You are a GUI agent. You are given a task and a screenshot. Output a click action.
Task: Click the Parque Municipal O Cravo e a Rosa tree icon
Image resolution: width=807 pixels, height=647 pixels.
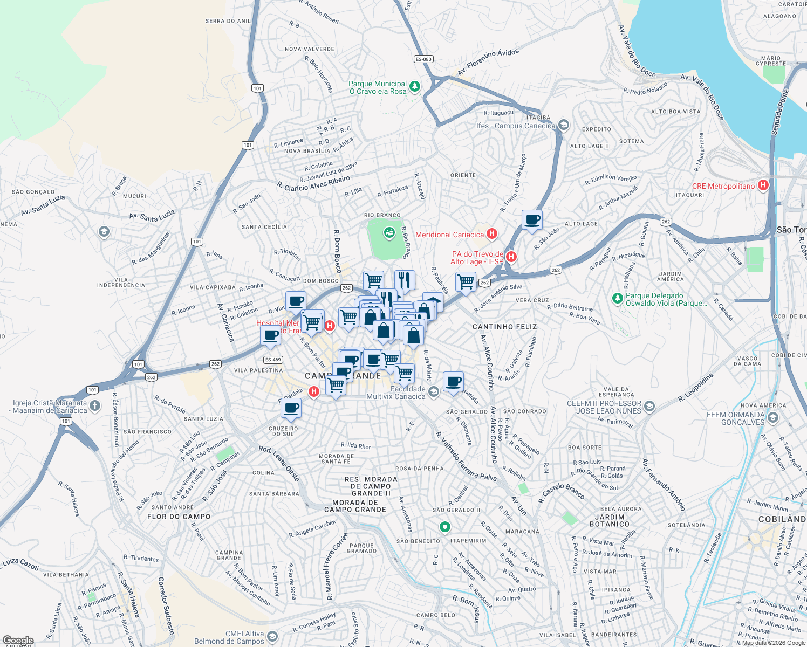pyautogui.click(x=414, y=86)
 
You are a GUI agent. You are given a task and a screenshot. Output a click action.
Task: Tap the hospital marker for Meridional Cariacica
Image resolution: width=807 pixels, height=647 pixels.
pyautogui.click(x=491, y=234)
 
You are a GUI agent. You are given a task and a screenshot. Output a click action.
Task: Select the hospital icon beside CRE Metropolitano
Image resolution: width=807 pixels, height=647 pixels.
pyautogui.click(x=763, y=185)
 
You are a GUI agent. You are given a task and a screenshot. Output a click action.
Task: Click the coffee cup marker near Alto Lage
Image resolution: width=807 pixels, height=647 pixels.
pyautogui.click(x=532, y=220)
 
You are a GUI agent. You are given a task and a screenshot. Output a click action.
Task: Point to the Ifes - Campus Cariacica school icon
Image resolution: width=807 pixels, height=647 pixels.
pyautogui.click(x=564, y=125)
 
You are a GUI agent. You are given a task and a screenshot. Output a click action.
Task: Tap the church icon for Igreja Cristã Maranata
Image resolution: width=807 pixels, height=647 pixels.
pyautogui.click(x=95, y=405)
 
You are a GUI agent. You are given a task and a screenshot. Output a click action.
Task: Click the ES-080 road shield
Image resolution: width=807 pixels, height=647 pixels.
pyautogui.click(x=423, y=59)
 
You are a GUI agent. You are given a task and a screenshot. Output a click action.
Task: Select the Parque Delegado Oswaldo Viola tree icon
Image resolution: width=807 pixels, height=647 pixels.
pyautogui.click(x=618, y=298)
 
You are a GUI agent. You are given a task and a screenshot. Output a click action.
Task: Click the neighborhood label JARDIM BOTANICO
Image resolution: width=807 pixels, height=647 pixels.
pyautogui.click(x=610, y=520)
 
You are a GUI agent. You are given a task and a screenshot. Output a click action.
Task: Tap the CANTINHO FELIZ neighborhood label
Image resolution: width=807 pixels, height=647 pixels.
pyautogui.click(x=504, y=327)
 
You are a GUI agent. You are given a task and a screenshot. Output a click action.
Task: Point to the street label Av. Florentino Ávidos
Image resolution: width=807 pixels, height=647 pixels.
pyautogui.click(x=488, y=62)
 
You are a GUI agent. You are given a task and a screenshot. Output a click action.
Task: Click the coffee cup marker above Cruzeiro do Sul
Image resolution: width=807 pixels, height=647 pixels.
pyautogui.click(x=291, y=409)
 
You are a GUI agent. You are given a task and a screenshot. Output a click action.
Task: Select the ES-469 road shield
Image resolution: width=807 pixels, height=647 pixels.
pyautogui.click(x=273, y=360)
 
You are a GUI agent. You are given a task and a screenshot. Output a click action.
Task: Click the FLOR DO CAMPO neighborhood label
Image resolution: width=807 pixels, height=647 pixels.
pyautogui.click(x=179, y=517)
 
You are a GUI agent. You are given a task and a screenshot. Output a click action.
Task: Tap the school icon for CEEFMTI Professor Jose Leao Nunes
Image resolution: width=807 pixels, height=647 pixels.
pyautogui.click(x=649, y=406)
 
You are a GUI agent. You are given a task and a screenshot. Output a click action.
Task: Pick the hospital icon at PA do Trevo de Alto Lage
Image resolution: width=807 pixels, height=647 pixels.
pyautogui.click(x=511, y=257)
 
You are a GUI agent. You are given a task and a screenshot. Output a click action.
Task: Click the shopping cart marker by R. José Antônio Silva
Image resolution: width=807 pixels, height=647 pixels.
pyautogui.click(x=466, y=281)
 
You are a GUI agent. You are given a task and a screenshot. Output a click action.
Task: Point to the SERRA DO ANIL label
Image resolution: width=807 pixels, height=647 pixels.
pyautogui.click(x=228, y=21)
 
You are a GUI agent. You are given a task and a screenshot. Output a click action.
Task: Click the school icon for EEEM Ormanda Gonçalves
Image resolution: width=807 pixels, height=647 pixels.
pyautogui.click(x=773, y=418)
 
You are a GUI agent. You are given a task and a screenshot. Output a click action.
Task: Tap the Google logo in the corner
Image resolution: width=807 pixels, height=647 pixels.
pyautogui.click(x=18, y=641)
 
